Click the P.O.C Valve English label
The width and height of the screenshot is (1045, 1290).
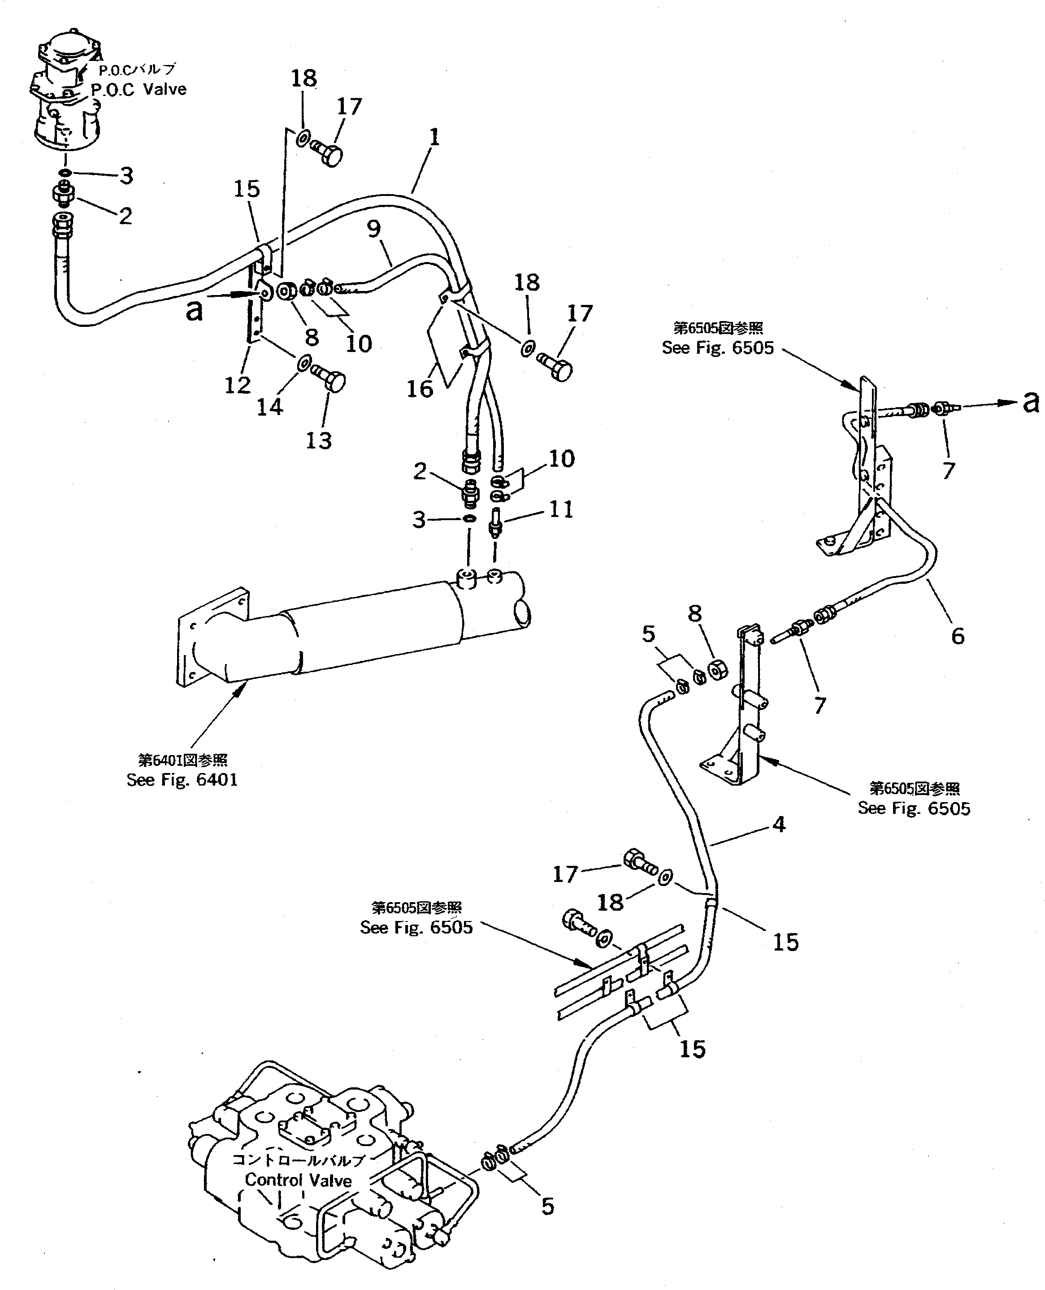point(139,90)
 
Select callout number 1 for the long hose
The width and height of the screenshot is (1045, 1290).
point(434,138)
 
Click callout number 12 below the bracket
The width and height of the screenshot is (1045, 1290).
point(237,385)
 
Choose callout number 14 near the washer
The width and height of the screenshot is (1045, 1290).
point(270,408)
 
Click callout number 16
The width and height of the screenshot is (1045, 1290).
point(420,389)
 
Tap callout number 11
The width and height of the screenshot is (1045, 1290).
point(560,509)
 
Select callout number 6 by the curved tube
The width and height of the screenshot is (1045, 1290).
point(957,636)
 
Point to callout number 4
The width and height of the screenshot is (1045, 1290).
point(779,824)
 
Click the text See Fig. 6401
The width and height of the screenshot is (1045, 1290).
point(182,780)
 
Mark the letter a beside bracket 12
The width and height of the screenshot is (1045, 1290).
point(194,311)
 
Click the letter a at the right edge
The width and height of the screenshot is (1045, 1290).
point(1031,402)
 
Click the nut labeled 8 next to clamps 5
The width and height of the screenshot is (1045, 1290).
point(717,669)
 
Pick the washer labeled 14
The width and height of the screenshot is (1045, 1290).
point(304,363)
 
